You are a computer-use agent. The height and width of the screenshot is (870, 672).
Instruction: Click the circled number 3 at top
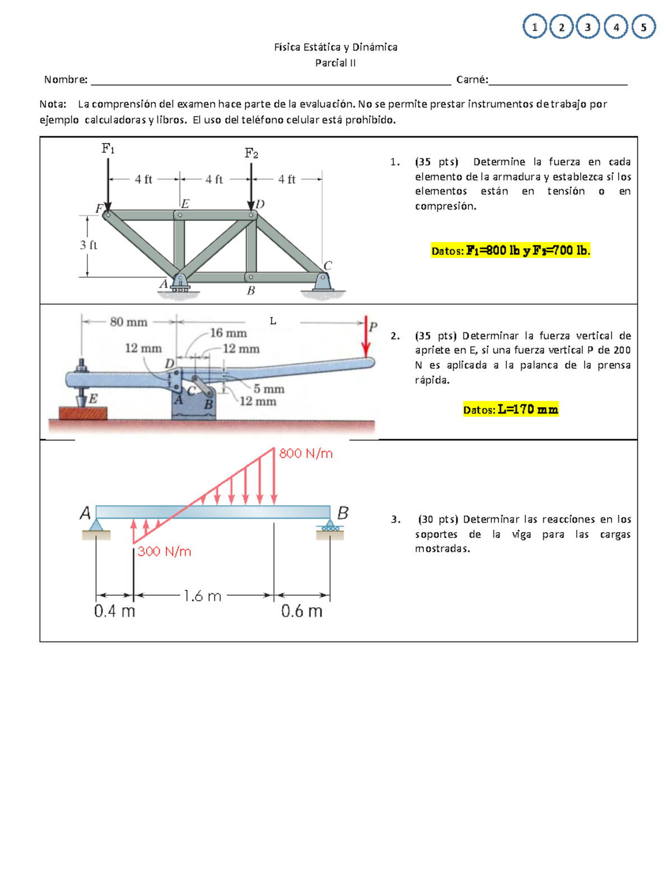(x=587, y=27)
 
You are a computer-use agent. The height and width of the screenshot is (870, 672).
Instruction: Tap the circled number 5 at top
(x=643, y=27)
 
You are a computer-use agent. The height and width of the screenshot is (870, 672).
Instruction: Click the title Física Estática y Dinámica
(x=335, y=47)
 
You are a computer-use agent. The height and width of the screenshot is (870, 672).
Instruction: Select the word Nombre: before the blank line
(x=66, y=80)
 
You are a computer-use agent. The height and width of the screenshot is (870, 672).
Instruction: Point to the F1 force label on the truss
(x=108, y=148)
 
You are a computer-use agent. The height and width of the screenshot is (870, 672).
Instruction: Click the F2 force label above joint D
(x=251, y=153)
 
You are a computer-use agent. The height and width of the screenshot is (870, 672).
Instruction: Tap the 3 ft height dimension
(x=88, y=245)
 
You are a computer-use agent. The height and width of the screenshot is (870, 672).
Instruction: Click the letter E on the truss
(x=185, y=204)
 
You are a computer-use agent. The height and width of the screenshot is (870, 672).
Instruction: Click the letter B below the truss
(x=251, y=290)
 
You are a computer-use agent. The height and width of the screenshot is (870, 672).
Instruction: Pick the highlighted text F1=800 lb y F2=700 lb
(x=510, y=250)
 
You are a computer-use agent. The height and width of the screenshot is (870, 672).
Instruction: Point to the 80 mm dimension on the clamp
(x=129, y=322)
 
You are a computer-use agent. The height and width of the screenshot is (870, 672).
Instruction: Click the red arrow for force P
(x=366, y=339)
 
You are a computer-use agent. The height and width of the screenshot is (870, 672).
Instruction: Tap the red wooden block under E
(x=83, y=413)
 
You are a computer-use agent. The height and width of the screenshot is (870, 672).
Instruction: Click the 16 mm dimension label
(x=228, y=333)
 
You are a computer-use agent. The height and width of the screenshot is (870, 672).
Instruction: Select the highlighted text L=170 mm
(x=511, y=410)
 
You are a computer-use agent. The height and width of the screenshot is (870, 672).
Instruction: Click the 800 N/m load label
(x=306, y=453)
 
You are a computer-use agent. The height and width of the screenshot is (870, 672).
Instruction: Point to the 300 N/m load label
(x=164, y=551)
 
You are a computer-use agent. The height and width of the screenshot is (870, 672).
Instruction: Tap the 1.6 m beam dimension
(x=202, y=596)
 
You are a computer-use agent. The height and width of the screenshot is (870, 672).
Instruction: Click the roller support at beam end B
(x=330, y=527)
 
